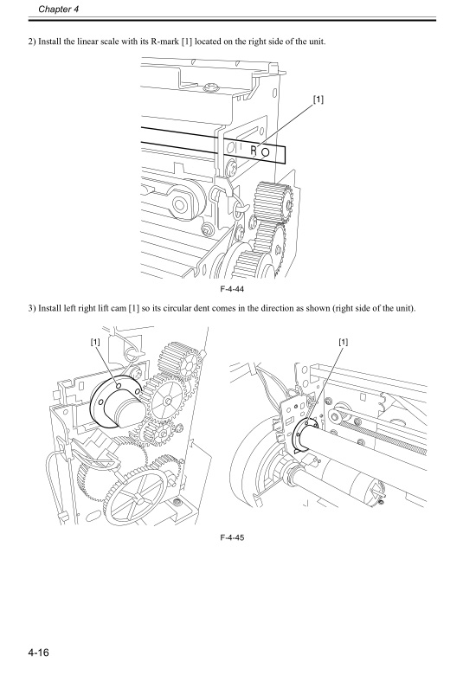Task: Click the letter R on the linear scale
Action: tap(254, 150)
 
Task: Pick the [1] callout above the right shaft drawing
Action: tap(344, 342)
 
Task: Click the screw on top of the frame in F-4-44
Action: tap(209, 87)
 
